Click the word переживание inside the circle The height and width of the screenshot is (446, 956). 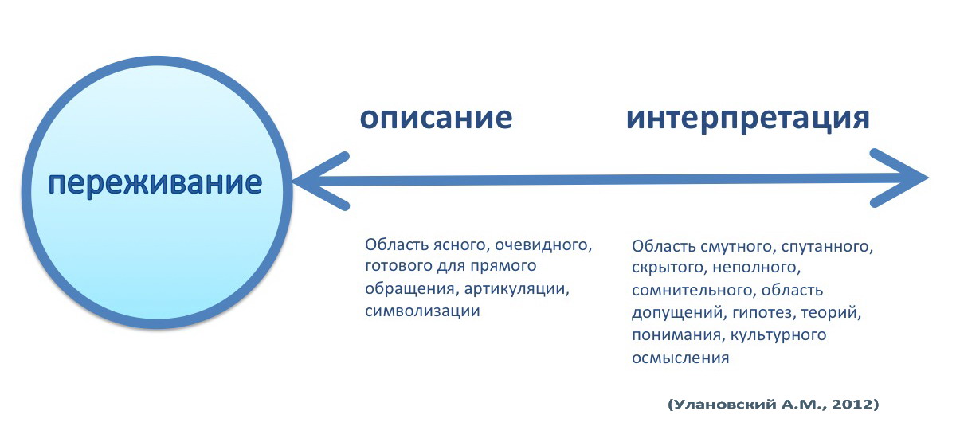(x=155, y=183)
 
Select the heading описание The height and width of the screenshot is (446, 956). (x=437, y=117)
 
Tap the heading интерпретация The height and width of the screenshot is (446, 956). (x=748, y=119)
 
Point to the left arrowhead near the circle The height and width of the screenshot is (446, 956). (x=321, y=181)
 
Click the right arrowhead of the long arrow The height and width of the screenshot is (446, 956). (x=899, y=178)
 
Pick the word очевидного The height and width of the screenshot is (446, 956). (x=543, y=245)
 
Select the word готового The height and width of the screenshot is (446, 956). (x=399, y=266)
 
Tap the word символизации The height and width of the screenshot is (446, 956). (x=422, y=311)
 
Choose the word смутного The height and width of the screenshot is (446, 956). (x=738, y=247)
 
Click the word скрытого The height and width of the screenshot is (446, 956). (x=668, y=268)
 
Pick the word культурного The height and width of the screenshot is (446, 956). (x=778, y=335)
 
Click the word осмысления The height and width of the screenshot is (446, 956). (x=680, y=358)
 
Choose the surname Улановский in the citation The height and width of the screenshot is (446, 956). (x=724, y=404)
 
